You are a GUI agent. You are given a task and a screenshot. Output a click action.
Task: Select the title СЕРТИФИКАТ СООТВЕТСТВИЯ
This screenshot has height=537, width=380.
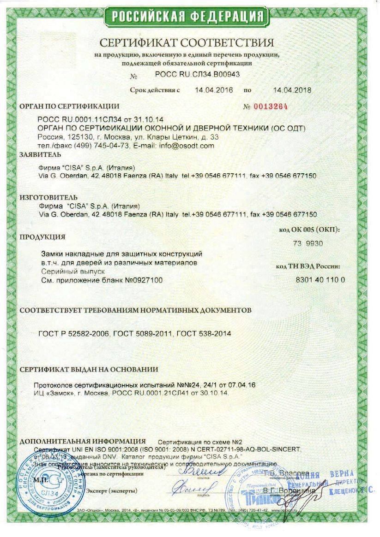click(187, 43)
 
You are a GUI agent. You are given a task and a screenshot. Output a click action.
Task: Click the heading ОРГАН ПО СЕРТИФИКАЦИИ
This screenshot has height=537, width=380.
click(69, 106)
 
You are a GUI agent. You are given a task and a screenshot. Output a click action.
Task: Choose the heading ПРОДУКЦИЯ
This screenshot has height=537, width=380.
click(42, 237)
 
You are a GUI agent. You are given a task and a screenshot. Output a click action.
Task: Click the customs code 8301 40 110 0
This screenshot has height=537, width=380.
click(320, 280)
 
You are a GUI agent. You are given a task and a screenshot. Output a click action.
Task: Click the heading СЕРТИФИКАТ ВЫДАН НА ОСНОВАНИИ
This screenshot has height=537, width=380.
click(89, 369)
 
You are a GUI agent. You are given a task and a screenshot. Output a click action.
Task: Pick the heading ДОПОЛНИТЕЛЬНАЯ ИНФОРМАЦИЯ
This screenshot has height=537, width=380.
click(83, 441)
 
